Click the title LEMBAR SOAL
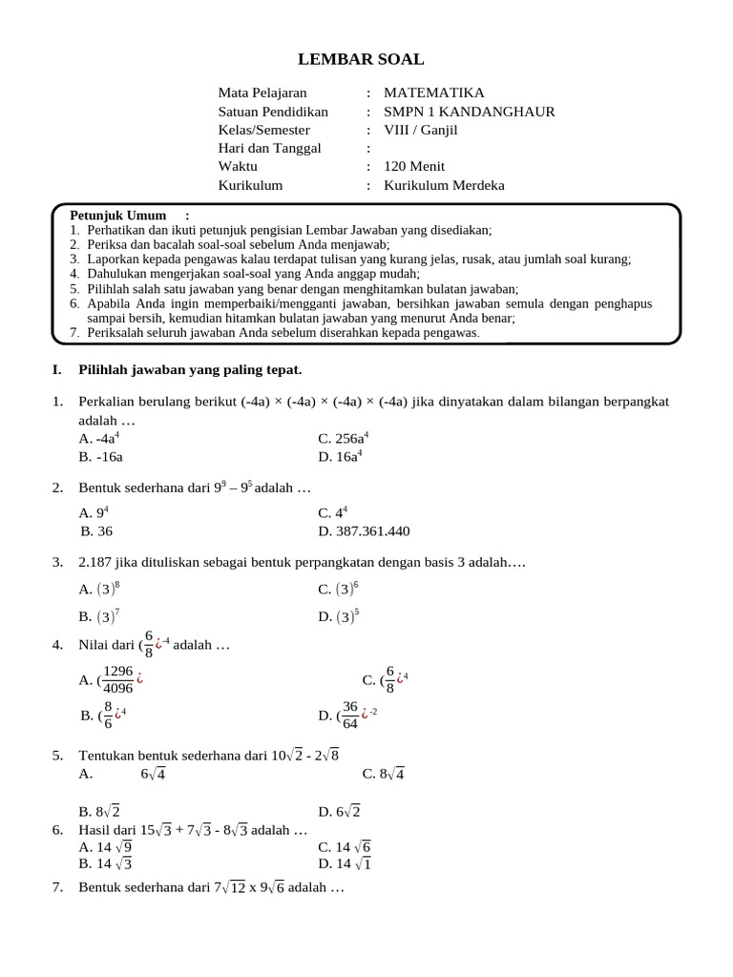(361, 59)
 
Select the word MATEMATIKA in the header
(433, 93)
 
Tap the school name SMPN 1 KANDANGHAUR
(469, 112)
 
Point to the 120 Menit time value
(414, 166)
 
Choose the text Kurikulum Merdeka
(444, 185)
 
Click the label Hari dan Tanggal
(270, 148)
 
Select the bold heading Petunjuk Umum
(118, 216)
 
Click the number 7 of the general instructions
(74, 333)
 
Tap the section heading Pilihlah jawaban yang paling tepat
(190, 369)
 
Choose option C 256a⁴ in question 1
(344, 438)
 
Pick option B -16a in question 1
(101, 456)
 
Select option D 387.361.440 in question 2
(364, 531)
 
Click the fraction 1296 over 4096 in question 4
(117, 679)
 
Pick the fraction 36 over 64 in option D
(350, 715)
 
